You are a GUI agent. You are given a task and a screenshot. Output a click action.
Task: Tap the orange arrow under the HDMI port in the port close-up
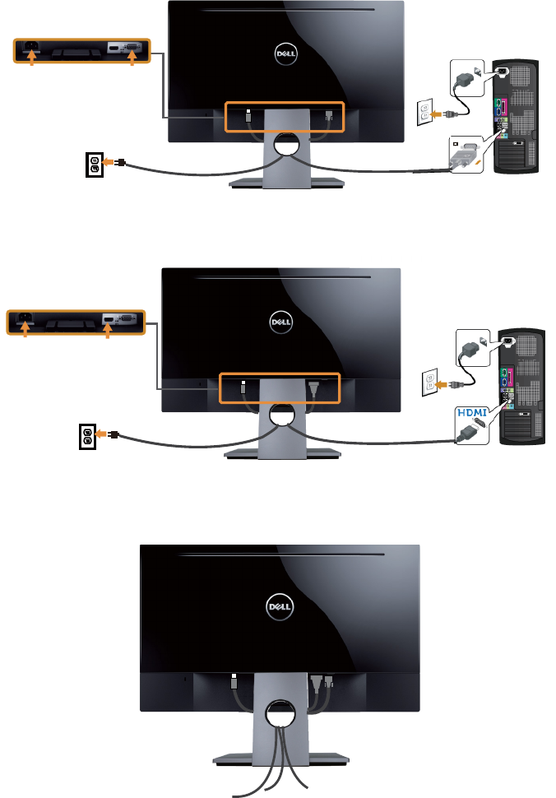click(x=108, y=329)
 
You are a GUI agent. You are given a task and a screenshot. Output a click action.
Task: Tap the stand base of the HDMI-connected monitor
click(x=280, y=454)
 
